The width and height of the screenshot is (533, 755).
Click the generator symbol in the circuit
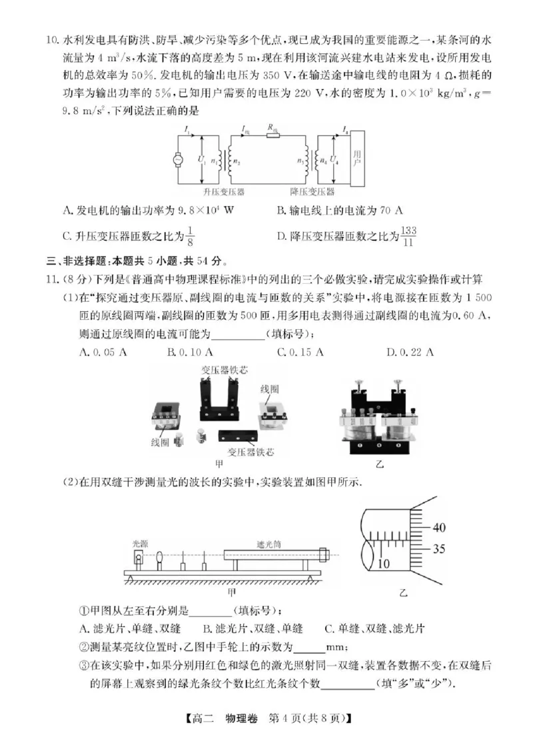179,160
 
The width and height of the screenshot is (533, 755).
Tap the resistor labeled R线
272,136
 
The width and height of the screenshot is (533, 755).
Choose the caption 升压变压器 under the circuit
224,192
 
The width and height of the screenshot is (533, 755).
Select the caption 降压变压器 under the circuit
312,192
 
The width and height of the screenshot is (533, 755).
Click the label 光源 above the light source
139,543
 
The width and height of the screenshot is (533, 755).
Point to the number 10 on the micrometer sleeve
384,564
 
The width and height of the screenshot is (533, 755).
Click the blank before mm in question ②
308,647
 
